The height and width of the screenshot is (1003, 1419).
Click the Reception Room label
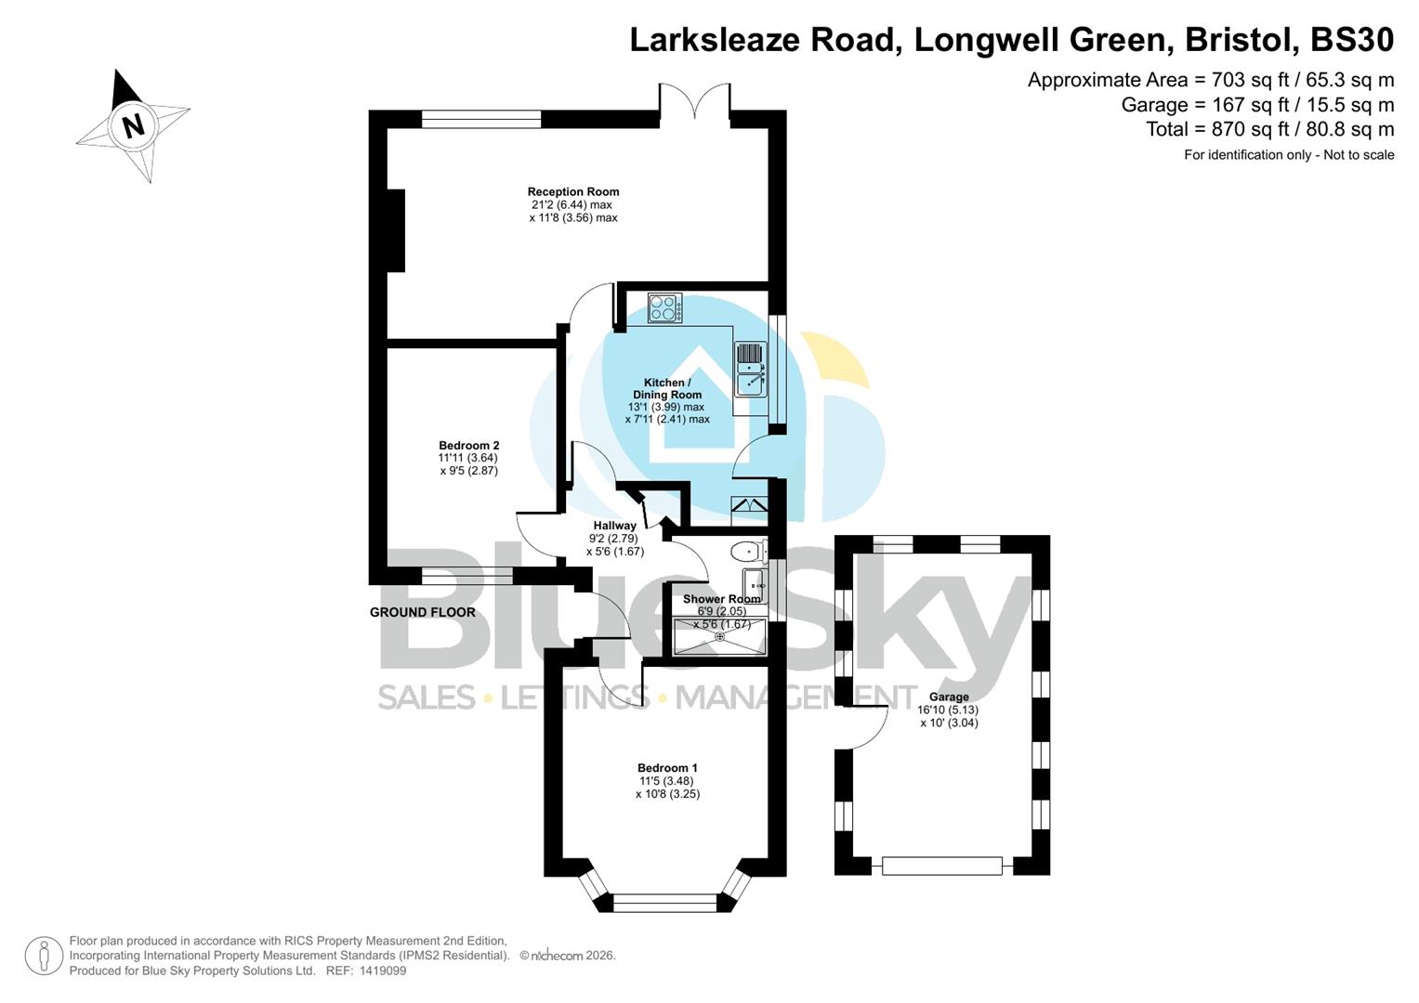click(573, 192)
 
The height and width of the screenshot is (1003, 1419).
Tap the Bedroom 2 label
click(468, 446)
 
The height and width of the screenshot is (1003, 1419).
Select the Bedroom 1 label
click(667, 768)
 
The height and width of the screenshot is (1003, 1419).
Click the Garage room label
click(949, 697)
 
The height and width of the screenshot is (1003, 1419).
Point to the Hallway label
click(614, 526)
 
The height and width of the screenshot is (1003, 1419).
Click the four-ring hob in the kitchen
click(664, 307)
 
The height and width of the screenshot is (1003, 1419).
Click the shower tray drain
click(719, 636)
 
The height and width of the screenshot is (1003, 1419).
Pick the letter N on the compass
click(134, 124)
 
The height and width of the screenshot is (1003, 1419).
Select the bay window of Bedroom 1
click(665, 899)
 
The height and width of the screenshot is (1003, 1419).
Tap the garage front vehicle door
click(942, 866)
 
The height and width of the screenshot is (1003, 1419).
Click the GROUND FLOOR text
click(423, 612)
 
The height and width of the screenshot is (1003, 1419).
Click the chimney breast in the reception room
click(396, 230)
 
